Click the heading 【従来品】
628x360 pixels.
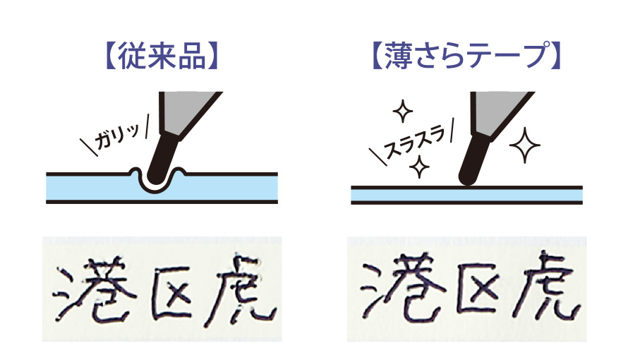161,56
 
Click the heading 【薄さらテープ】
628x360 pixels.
466,56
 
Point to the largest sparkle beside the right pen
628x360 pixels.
525,145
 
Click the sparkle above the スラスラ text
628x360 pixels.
402,111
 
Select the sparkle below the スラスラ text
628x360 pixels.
419,167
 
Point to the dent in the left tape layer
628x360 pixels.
158,183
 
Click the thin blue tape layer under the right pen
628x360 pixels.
466,195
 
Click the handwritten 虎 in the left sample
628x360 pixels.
241,290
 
